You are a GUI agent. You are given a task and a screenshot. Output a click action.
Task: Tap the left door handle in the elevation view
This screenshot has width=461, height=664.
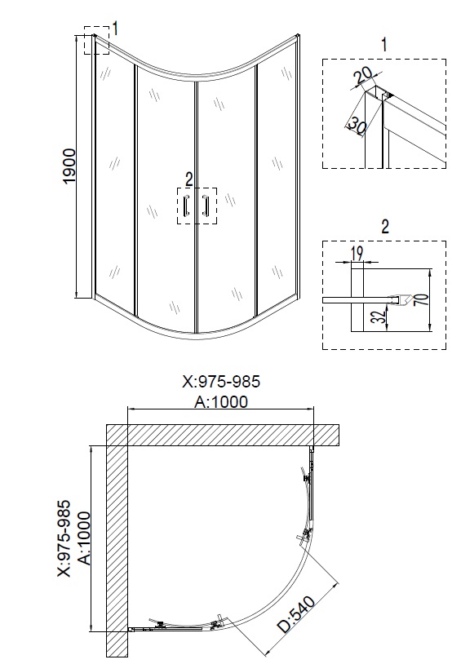pos(186,207)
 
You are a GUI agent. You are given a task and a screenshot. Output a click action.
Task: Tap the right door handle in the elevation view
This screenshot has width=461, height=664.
pos(206,207)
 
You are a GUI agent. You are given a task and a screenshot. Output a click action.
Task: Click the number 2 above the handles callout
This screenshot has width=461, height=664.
pos(189,178)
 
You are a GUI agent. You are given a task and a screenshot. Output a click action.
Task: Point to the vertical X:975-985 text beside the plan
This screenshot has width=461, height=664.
pos(64,539)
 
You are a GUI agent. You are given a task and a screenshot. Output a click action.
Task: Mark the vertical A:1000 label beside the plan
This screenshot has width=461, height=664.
pos(84,539)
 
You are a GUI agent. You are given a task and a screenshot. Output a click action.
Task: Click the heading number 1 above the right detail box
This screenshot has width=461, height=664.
pos(383,42)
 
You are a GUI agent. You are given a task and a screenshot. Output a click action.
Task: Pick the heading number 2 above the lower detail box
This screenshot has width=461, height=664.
pos(383,226)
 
